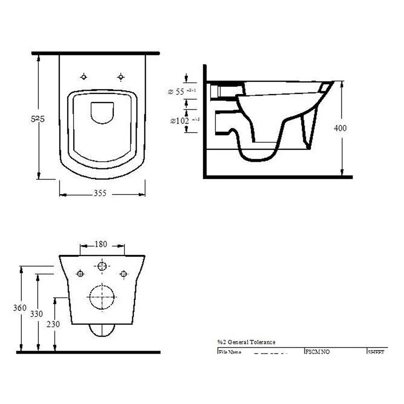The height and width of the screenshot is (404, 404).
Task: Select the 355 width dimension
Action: [x=100, y=194]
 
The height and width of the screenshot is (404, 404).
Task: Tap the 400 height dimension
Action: [x=340, y=128]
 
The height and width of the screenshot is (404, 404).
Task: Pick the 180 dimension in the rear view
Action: [x=101, y=244]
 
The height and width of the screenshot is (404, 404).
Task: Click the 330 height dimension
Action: [x=37, y=314]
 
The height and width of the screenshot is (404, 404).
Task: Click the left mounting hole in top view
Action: [x=84, y=77]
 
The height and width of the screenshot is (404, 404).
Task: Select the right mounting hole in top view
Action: [x=120, y=77]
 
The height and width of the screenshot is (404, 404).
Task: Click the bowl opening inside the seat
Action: [x=102, y=112]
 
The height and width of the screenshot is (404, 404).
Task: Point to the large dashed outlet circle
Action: [x=102, y=297]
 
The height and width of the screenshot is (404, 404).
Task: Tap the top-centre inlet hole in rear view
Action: [x=102, y=266]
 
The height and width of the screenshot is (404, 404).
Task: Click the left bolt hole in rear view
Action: [x=80, y=274]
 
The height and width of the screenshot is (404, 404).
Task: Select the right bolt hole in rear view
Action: [x=124, y=274]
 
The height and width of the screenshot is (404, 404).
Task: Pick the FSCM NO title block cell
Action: [x=317, y=352]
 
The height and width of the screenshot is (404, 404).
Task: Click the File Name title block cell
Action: [x=230, y=352]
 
